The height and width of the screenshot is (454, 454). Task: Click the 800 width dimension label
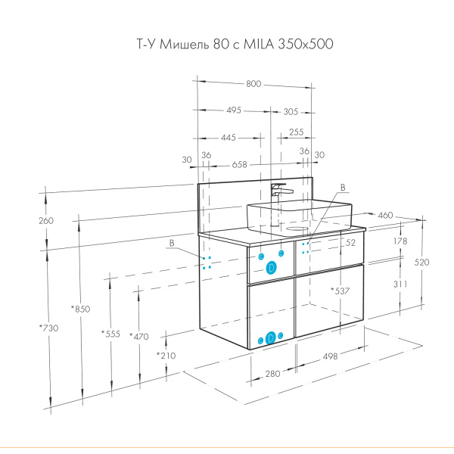coord(253,84)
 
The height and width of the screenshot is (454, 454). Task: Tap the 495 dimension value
coord(234,110)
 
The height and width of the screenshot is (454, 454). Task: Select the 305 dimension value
coord(291,112)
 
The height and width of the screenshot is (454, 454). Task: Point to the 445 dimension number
coord(229,138)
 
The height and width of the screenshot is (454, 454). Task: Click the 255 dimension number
coord(296,132)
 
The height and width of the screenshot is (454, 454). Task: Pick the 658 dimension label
coord(239,165)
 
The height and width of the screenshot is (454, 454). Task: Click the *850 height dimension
coord(81,309)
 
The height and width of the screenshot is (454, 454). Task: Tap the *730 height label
coord(49,328)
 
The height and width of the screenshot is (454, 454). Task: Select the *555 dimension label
coord(110,334)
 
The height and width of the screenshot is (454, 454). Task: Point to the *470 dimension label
coord(139,337)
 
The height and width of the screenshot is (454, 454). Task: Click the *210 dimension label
coord(166,356)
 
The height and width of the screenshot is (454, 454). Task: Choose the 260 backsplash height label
coord(46,221)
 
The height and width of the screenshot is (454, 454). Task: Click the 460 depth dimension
coord(385,216)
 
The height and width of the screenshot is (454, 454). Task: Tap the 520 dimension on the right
coord(421,263)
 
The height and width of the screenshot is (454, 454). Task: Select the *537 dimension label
coord(340,291)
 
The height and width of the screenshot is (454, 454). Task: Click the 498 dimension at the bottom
coord(330,356)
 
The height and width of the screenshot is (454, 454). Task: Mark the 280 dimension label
coord(272,374)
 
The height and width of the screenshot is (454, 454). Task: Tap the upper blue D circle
coord(272,268)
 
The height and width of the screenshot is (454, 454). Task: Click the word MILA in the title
coord(259,44)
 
